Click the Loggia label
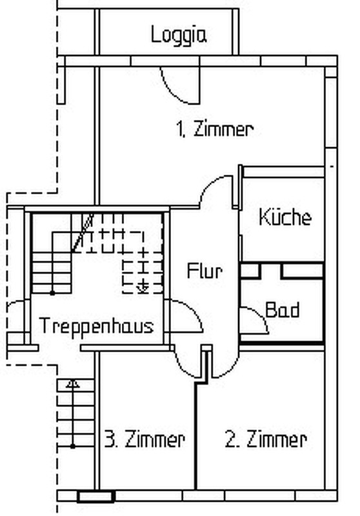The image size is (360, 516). (179, 35)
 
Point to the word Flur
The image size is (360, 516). (205, 270)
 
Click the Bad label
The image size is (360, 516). (283, 310)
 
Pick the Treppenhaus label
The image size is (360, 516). (96, 326)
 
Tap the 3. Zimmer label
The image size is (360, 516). (145, 439)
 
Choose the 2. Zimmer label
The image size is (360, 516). (266, 439)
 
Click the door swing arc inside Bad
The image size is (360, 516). (260, 315)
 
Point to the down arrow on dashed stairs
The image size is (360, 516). (143, 287)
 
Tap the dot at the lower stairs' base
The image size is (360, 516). (73, 446)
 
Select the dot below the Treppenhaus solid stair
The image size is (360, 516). (52, 293)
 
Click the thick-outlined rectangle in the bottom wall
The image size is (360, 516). (95, 497)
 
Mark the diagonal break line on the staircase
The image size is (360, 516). (83, 233)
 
